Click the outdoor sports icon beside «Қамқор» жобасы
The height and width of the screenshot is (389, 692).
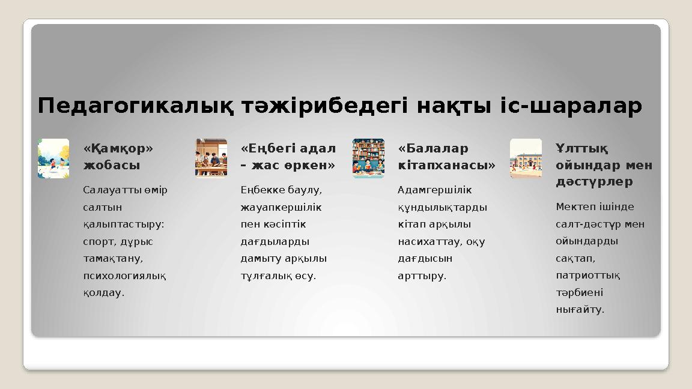[x=53, y=158]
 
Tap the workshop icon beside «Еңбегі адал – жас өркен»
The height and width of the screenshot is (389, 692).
[x=211, y=158]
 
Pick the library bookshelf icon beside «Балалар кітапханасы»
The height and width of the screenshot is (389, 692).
[x=368, y=158]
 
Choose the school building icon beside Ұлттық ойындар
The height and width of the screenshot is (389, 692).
[x=526, y=158]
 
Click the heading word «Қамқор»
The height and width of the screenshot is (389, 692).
[x=118, y=148]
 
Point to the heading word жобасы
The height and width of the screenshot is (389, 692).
[x=112, y=164]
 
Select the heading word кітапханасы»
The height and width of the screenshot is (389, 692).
[x=446, y=164]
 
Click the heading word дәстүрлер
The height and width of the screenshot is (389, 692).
[x=594, y=181]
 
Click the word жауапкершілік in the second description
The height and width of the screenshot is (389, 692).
[x=281, y=207]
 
